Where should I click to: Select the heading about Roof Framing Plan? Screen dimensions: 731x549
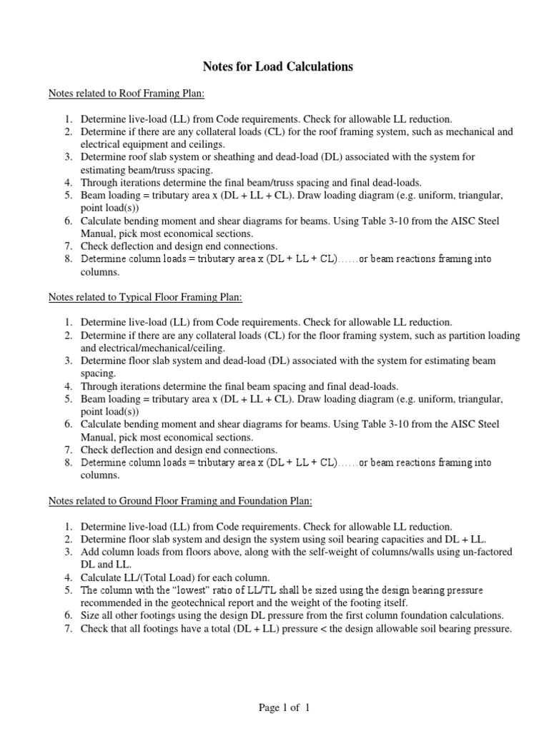click(x=127, y=93)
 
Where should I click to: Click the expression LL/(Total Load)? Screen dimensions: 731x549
click(x=164, y=577)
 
